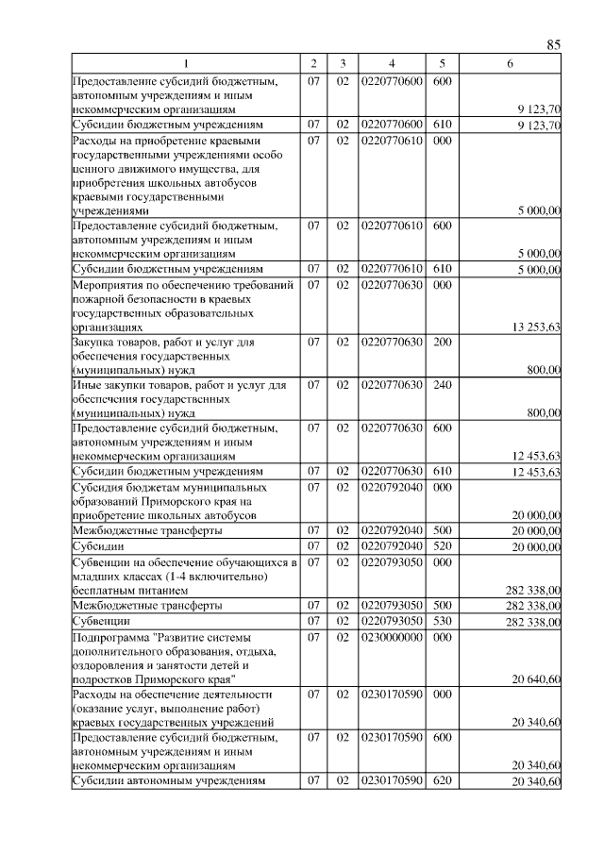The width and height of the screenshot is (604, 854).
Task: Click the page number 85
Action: point(554,44)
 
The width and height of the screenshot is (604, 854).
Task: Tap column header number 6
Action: point(510,63)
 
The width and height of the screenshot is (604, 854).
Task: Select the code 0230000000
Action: point(392,637)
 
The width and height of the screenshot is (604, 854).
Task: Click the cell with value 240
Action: point(442,385)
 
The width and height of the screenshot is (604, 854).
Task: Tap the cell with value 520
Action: point(442,546)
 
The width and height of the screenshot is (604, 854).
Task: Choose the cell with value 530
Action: point(442,620)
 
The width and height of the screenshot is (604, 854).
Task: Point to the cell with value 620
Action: point(442,781)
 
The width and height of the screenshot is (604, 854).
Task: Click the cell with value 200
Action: point(442,342)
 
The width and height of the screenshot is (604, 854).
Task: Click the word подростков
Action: point(105,679)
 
